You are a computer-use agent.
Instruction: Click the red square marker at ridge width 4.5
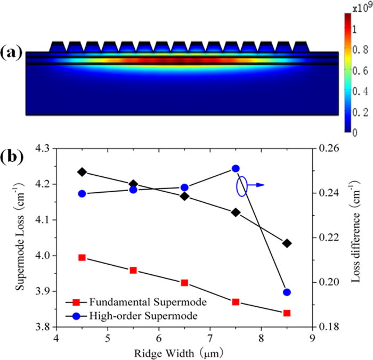pyautogui.click(x=82, y=257)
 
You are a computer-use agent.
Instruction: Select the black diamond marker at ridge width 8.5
pyautogui.click(x=287, y=243)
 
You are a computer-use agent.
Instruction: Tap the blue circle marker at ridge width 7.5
pyautogui.click(x=236, y=168)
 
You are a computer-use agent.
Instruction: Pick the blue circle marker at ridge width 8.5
pyautogui.click(x=287, y=292)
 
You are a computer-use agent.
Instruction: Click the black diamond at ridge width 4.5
pyautogui.click(x=82, y=172)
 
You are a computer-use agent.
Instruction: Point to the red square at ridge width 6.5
pyautogui.click(x=184, y=283)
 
